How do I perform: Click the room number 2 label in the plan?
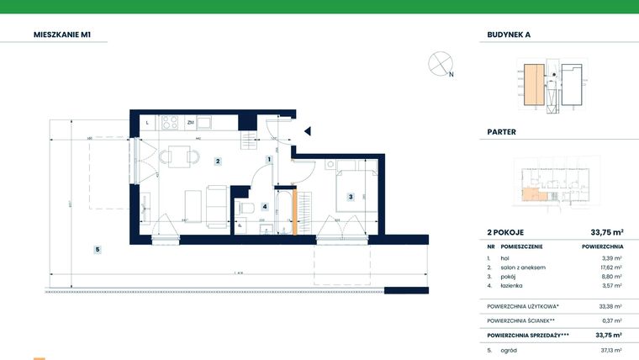pyautogui.click(x=217, y=161)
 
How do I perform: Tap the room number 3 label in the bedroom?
pyautogui.click(x=350, y=198)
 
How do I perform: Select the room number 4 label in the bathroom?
pyautogui.click(x=265, y=206)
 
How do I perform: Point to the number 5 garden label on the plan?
pyautogui.click(x=98, y=249)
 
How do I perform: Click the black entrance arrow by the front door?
pyautogui.click(x=308, y=130)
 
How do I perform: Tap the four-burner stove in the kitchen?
pyautogui.click(x=169, y=123)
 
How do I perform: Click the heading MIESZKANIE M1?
pyautogui.click(x=62, y=34)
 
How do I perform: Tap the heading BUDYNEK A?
pyautogui.click(x=509, y=34)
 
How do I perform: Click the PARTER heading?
pyautogui.click(x=502, y=132)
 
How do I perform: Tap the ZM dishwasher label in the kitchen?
pyautogui.click(x=191, y=123)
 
